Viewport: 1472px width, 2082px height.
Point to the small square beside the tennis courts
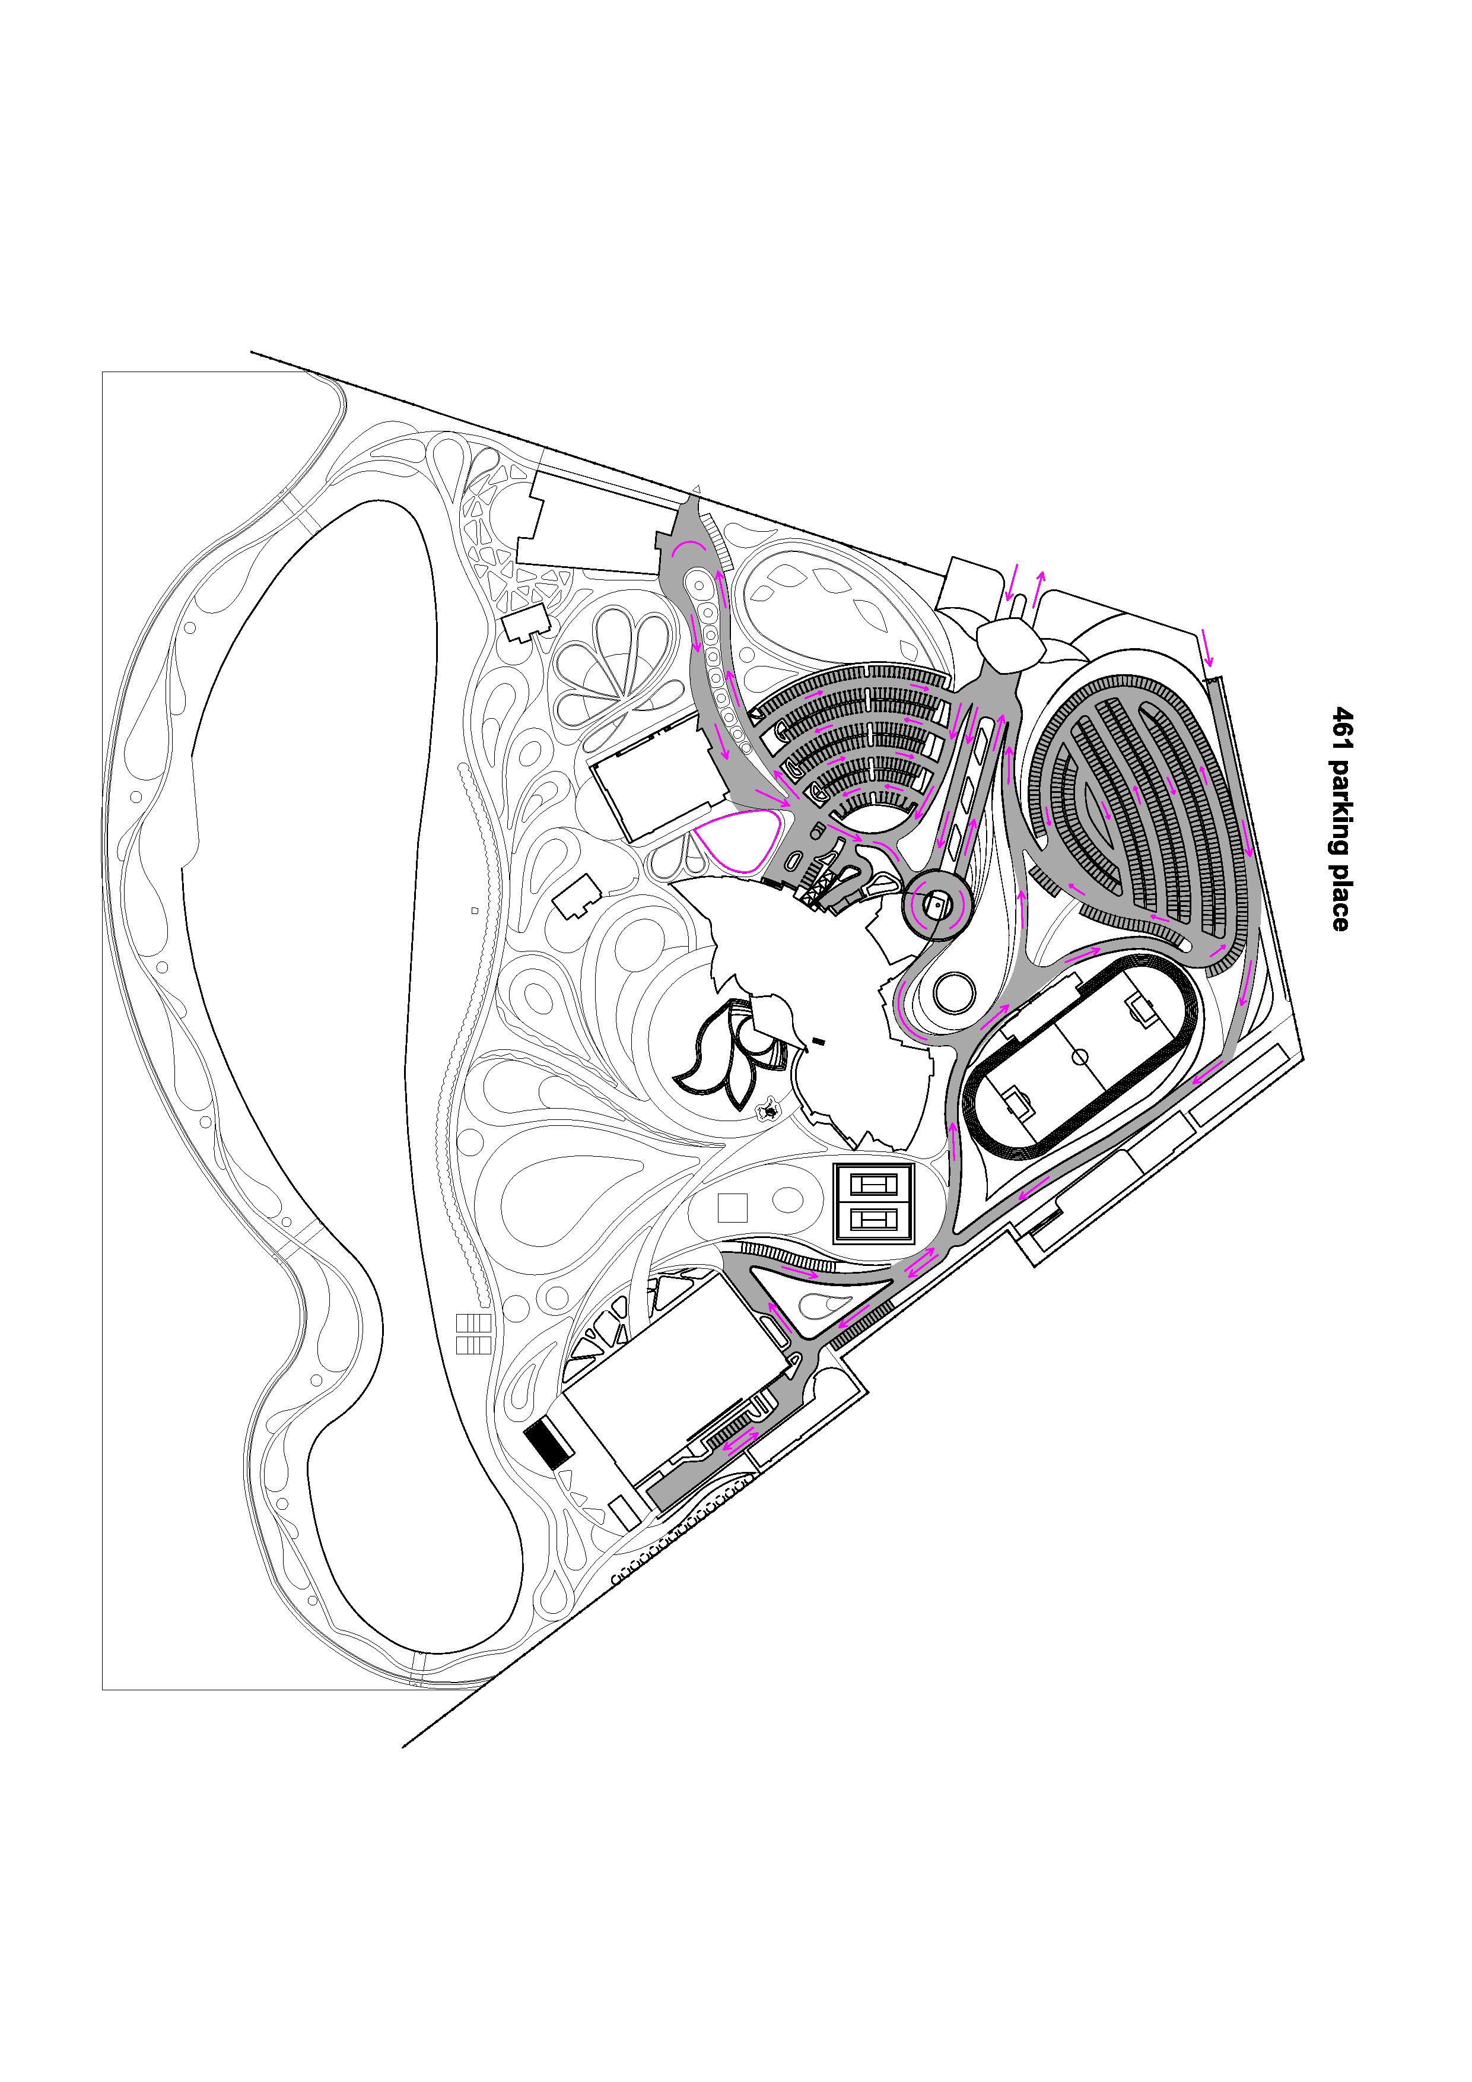click(732, 1208)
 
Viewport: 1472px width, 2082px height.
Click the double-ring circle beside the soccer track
click(953, 993)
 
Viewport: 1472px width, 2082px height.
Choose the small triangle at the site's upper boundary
click(696, 490)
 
